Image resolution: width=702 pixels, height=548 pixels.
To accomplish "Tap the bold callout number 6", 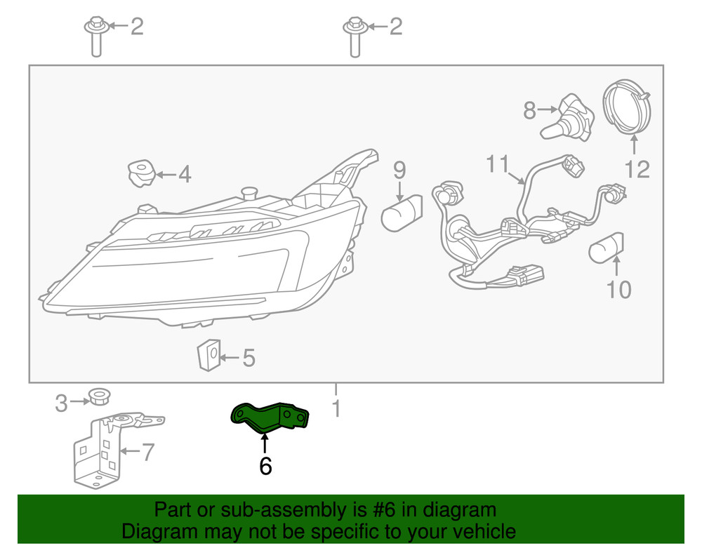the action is tap(265, 466).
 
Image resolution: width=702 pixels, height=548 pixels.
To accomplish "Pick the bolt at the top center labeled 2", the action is tap(355, 37).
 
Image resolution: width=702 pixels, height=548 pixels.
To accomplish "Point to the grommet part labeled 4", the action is tap(141, 173).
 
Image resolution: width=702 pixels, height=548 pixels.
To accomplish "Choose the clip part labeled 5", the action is tap(208, 355).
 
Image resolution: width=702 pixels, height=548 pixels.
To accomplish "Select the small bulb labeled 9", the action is tap(402, 213).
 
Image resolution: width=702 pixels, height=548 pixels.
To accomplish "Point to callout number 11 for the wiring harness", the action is tap(498, 163).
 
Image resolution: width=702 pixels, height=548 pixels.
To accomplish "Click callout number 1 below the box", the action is tap(336, 408).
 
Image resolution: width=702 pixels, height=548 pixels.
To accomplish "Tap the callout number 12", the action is tap(637, 170).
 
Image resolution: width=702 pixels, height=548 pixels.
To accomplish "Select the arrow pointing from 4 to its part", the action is tap(166, 175).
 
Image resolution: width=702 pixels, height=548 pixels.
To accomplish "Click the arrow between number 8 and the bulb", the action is tap(548, 109).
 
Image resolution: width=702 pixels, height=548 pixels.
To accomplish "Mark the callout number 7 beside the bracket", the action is tap(148, 452).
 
